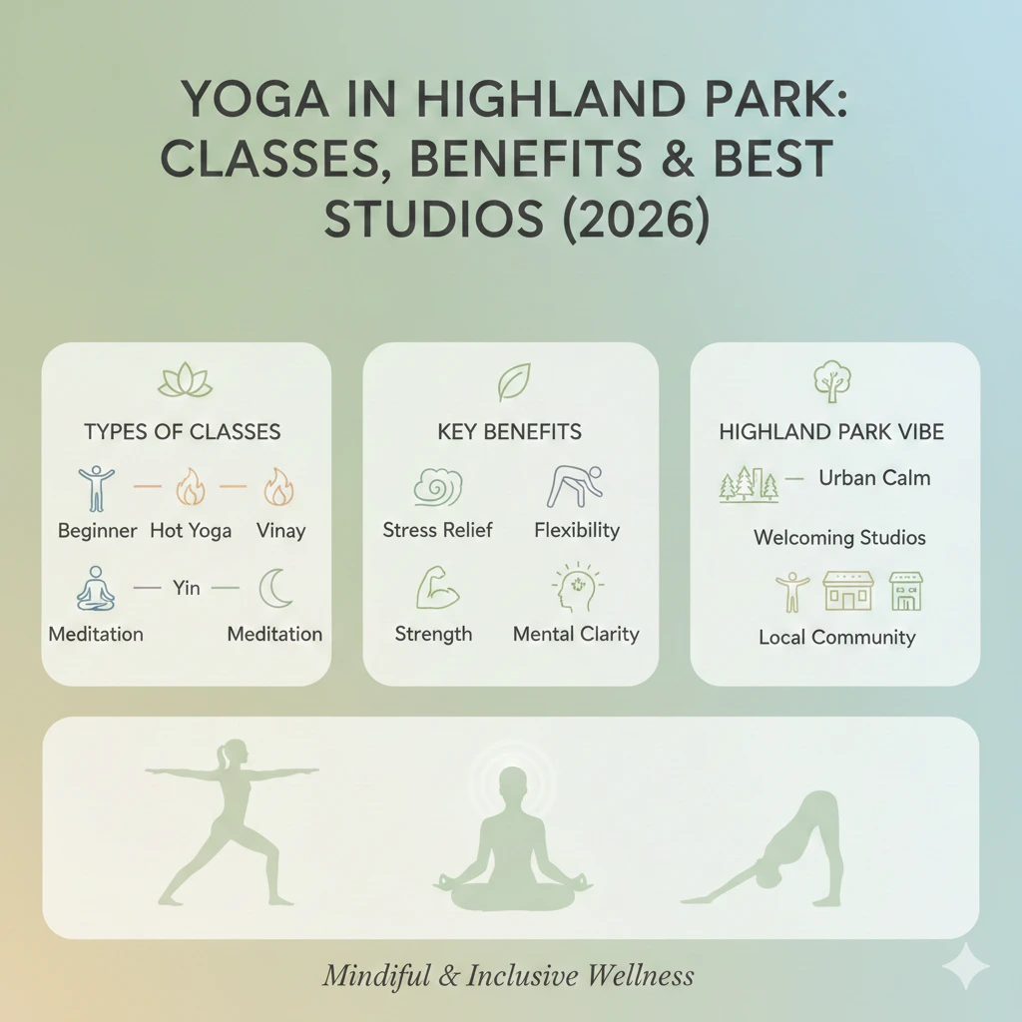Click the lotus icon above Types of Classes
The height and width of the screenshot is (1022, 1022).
186,380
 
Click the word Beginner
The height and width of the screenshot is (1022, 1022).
97,531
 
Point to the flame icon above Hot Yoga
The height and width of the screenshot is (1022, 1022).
190,488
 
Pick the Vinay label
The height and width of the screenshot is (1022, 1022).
280,531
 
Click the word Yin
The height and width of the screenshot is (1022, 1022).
187,588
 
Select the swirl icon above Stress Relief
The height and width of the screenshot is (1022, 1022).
437,488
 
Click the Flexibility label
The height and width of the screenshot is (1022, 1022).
577,531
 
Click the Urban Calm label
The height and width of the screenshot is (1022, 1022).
874,478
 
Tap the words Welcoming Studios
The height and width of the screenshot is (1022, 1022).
839,538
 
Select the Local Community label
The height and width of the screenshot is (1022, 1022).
836,637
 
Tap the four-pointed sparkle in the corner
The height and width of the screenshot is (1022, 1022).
965,966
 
